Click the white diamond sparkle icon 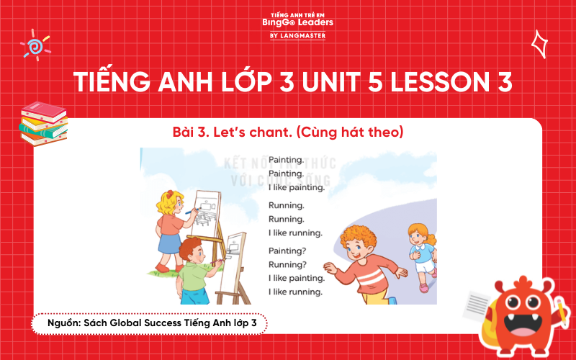tap(539, 44)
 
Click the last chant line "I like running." tap(295, 292)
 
